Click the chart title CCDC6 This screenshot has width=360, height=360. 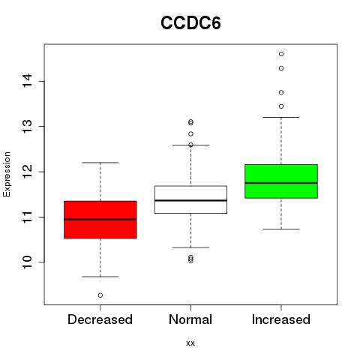[x=190, y=23]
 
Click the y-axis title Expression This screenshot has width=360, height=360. [x=7, y=174]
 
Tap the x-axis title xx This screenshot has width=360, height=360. [x=190, y=343]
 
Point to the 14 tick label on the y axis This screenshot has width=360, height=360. [x=27, y=81]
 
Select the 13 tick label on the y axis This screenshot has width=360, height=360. [x=27, y=126]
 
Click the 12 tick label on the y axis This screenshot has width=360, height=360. [x=27, y=172]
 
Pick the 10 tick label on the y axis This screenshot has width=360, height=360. [x=27, y=262]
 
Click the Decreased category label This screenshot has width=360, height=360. [x=100, y=319]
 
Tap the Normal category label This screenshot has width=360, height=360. [x=190, y=319]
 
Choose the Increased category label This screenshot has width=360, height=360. [x=281, y=319]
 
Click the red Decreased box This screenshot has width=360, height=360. [x=100, y=220]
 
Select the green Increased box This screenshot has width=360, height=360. [x=281, y=181]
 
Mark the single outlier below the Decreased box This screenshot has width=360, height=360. [x=100, y=295]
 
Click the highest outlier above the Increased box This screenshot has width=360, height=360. [x=281, y=54]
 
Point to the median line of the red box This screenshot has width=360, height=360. [x=100, y=219]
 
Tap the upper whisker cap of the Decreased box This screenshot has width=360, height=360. [x=100, y=163]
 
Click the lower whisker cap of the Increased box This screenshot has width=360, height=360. [x=281, y=229]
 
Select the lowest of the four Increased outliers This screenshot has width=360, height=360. [x=281, y=106]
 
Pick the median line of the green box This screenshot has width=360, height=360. [x=281, y=183]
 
